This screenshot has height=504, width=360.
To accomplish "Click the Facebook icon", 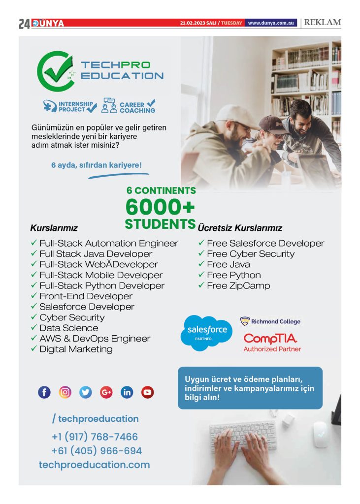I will coord(44,392).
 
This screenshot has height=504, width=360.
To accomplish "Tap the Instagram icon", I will coord(65,392).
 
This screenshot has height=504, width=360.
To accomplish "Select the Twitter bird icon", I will coord(86,392).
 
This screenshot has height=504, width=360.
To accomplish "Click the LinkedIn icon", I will coord(127,392).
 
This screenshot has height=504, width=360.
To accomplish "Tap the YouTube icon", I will coord(147,392).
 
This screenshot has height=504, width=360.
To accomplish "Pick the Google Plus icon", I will coord(106,392).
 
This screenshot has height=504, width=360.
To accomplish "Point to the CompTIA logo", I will coord(270,339).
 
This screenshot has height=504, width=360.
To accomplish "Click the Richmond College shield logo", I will coord(245,322).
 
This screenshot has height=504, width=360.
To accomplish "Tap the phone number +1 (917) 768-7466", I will coord(95,437).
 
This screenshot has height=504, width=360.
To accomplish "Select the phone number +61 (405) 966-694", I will coord(96,451).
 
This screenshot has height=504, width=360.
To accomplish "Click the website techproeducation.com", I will coord(94,465).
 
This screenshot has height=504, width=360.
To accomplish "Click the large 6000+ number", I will coord(160,206).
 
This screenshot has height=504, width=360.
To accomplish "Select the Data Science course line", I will coord(68,328).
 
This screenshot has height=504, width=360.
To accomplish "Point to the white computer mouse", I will coord(321,434).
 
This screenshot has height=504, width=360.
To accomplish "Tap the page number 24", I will coord(24,24).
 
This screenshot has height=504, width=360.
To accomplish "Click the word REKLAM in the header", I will coord(323,23).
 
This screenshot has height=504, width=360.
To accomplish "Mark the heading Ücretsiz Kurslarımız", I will coord(240,228).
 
